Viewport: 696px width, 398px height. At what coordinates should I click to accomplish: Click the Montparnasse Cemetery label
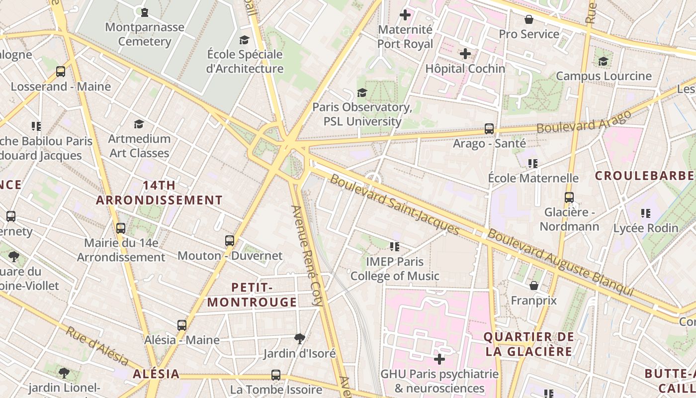click(144, 34)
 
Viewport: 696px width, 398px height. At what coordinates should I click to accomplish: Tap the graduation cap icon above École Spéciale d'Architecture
click(244, 40)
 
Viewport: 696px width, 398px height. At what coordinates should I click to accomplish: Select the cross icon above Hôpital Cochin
click(465, 54)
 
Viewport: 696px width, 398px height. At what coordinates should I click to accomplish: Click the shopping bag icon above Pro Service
click(529, 19)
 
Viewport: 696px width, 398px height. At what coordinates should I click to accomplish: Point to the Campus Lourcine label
click(603, 76)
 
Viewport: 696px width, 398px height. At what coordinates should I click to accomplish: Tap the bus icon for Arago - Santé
click(489, 129)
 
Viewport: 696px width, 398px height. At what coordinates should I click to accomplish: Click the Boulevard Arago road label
click(584, 121)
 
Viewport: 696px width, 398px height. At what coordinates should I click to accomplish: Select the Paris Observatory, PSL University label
click(362, 114)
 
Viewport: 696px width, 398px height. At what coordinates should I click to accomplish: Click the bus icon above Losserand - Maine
click(61, 72)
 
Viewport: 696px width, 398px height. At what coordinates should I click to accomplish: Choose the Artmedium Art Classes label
click(139, 146)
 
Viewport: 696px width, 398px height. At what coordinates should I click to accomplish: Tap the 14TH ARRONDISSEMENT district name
click(159, 193)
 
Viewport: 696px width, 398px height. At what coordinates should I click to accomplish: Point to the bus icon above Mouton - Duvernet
click(230, 241)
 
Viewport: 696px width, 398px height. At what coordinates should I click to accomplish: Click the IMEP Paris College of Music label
click(395, 269)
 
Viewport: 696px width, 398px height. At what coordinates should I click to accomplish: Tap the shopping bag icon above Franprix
click(534, 286)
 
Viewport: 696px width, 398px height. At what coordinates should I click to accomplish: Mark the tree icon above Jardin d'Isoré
click(299, 339)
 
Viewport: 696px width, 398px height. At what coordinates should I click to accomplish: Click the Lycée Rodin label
click(645, 228)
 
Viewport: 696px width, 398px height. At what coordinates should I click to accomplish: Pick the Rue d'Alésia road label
click(97, 346)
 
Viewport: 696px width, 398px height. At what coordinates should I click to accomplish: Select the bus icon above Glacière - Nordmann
click(569, 198)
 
